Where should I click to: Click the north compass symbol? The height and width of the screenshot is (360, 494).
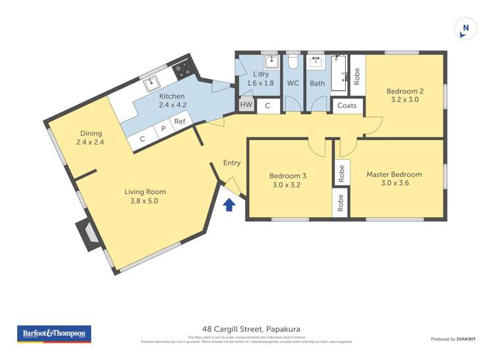pyautogui.click(x=466, y=28)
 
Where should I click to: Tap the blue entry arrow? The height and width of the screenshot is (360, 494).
pyautogui.click(x=229, y=206)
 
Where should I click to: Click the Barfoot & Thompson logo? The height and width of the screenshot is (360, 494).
pyautogui.click(x=53, y=334)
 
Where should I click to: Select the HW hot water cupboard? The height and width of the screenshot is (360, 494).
pyautogui.click(x=246, y=105)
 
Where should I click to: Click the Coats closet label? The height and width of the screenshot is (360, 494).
pyautogui.click(x=347, y=105)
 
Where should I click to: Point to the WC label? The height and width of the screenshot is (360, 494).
pyautogui.click(x=293, y=84)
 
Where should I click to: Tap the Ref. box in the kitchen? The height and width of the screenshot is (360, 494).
pyautogui.click(x=179, y=122)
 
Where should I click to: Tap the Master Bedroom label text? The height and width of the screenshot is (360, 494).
pyautogui.click(x=394, y=174)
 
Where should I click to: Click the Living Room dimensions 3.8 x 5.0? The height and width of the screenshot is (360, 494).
pyautogui.click(x=145, y=201)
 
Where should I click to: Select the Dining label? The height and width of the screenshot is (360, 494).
pyautogui.click(x=90, y=132)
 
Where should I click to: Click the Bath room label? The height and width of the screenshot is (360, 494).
pyautogui.click(x=317, y=84)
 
